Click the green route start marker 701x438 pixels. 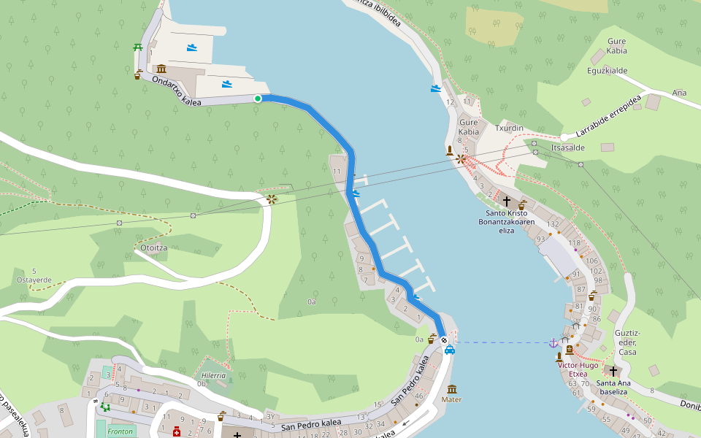point(257,99)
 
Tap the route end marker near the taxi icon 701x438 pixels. point(444,340)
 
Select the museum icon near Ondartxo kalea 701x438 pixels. point(161,68)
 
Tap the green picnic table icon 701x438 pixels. point(137,47)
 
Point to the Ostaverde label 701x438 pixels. point(34,280)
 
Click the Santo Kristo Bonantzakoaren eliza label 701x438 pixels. point(506,221)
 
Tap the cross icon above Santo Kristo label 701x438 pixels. point(506,200)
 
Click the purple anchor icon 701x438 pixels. point(553,342)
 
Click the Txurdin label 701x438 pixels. point(510,128)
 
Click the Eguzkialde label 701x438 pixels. point(608,71)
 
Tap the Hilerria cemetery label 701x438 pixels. point(213,374)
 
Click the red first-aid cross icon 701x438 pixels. point(176,432)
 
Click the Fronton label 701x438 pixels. point(120,431)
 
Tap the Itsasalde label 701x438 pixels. point(568,147)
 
